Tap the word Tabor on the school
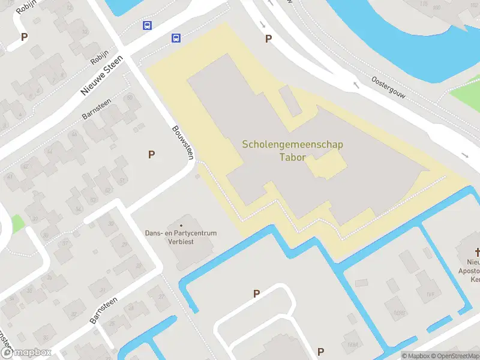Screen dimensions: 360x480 click(293, 158)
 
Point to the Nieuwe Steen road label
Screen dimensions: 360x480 click(101, 76)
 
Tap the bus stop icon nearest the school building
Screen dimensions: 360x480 click(176, 38)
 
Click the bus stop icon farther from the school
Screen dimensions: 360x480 click(147, 26)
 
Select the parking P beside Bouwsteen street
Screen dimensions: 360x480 click(151, 155)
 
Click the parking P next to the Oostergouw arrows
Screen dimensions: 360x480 click(268, 39)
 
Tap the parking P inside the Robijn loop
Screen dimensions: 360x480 click(24, 37)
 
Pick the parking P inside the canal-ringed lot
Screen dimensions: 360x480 click(256, 293)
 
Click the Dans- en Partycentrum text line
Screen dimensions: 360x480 click(181, 233)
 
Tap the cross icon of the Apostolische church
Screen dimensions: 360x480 click(478, 252)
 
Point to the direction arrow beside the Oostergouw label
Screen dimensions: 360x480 click(356, 85)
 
